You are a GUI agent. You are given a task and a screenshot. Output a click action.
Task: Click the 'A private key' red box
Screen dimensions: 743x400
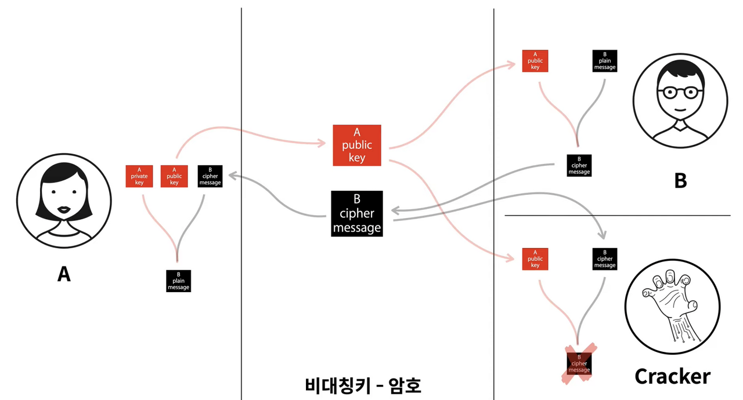[139, 176]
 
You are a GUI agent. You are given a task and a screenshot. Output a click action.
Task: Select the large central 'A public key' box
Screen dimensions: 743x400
[357, 146]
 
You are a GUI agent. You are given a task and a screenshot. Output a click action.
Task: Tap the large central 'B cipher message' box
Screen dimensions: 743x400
[357, 213]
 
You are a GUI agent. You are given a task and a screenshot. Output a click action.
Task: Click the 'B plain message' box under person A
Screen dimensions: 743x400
[178, 281]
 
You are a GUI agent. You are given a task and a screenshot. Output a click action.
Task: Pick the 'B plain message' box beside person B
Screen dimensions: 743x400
[605, 61]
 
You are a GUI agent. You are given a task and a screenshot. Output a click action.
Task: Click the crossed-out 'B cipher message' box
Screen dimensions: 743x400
[579, 363]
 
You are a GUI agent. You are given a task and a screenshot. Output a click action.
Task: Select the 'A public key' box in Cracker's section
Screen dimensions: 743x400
[535, 259]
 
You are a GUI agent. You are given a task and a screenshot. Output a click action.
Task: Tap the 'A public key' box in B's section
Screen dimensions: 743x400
[535, 61]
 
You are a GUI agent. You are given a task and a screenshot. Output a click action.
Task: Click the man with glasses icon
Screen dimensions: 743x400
[680, 101]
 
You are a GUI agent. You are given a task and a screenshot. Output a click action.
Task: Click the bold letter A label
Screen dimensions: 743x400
[64, 273]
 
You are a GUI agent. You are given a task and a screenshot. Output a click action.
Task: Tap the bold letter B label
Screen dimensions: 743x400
[680, 181]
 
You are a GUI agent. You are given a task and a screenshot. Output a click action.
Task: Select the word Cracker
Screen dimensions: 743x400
[672, 376]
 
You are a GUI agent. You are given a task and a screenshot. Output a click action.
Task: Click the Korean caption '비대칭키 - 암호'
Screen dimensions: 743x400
[363, 385]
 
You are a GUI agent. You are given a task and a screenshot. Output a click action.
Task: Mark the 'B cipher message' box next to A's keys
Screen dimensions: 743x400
[210, 176]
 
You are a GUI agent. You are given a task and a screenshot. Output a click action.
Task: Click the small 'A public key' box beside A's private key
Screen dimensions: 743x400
[174, 176]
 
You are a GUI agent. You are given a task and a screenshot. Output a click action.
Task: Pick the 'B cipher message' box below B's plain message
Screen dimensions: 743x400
[579, 165]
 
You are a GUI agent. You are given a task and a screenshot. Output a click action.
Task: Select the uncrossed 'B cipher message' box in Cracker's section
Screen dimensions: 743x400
[605, 259]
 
